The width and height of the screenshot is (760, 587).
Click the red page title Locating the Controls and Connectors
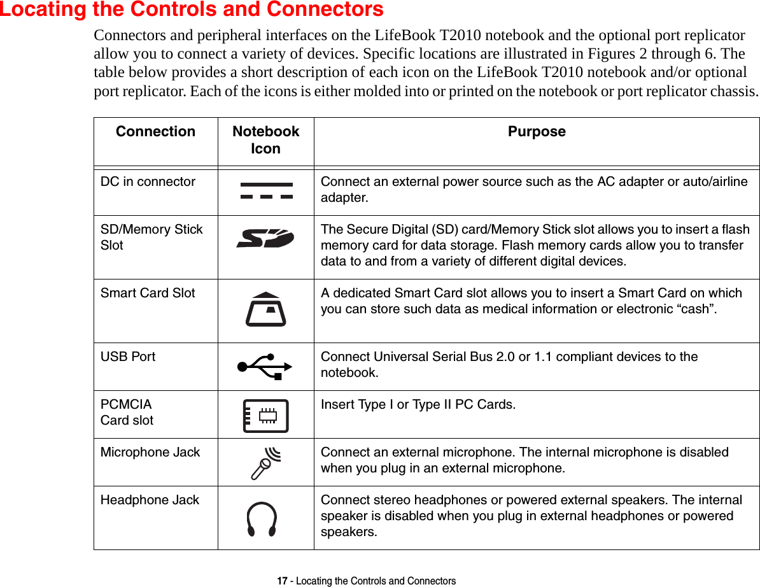(x=192, y=10)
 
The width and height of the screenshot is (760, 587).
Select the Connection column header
(x=155, y=132)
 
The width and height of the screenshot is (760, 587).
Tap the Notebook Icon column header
(x=265, y=140)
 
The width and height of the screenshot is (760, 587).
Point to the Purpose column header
(x=537, y=132)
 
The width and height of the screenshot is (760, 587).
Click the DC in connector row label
(x=148, y=181)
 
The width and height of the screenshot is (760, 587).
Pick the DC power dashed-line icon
(x=267, y=191)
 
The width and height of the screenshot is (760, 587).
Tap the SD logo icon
(x=265, y=239)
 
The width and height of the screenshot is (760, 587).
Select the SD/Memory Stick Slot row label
(x=151, y=237)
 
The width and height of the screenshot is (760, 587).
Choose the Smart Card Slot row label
(x=148, y=293)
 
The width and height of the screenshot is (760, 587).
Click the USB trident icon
(x=264, y=366)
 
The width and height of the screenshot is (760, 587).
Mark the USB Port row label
(x=128, y=357)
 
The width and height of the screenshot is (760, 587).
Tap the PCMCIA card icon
(x=265, y=416)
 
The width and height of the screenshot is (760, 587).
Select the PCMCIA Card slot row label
(x=127, y=412)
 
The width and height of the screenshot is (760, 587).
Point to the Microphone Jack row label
(x=150, y=452)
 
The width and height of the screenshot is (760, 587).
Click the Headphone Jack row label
(x=150, y=500)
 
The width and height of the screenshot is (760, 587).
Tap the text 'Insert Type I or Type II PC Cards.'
(x=418, y=404)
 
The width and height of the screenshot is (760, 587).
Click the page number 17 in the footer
(x=281, y=581)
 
